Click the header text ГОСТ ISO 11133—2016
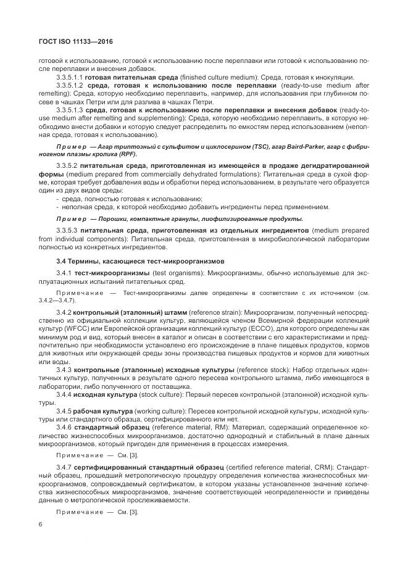(68, 42)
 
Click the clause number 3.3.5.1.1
(69, 77)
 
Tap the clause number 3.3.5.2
(66, 167)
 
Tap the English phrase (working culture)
(159, 410)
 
